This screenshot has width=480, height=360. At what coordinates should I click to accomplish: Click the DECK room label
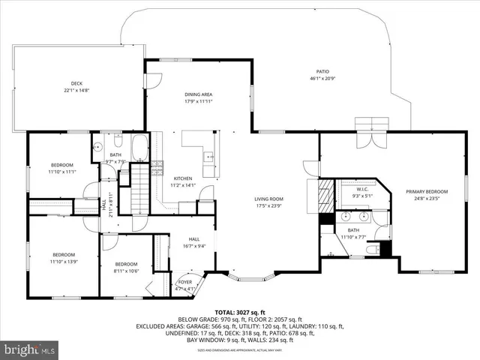76,84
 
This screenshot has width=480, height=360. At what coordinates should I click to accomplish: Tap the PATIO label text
322,71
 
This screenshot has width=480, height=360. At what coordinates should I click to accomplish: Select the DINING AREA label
199,94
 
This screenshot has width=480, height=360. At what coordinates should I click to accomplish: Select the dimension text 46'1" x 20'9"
322,79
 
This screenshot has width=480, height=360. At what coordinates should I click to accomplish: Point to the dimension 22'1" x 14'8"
76,91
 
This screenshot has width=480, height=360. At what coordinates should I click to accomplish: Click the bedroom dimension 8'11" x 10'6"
126,271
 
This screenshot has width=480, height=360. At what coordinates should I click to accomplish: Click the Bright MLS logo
30,349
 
